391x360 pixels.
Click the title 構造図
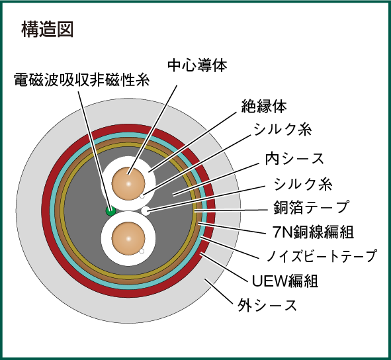[48, 29]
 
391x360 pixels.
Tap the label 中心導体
[197, 66]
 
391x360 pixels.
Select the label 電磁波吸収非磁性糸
[82, 80]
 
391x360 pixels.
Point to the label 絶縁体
[264, 107]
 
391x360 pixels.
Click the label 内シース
[294, 159]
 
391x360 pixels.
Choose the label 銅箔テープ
[311, 207]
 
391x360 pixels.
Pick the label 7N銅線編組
[313, 232]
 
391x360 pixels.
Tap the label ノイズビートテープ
[322, 255]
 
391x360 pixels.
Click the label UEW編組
[285, 281]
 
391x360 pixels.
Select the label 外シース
[267, 305]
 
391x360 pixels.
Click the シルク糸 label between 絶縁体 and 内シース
[282, 130]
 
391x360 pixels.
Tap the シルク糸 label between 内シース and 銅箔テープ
[303, 185]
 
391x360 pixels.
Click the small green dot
[110, 211]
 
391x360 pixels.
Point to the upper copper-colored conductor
[128, 183]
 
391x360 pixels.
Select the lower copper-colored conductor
[128, 239]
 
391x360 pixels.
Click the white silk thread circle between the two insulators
[146, 211]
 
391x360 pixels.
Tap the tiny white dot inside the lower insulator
[142, 251]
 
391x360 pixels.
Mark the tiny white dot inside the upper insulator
[142, 197]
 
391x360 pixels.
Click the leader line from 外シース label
[219, 291]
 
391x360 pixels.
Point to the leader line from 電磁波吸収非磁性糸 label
[94, 151]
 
